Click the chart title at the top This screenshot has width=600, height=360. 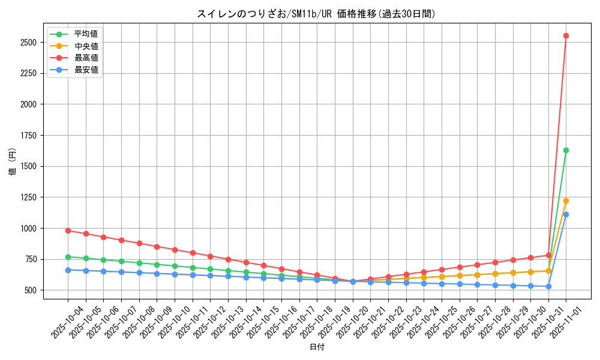316,14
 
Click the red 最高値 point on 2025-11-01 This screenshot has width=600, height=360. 566,35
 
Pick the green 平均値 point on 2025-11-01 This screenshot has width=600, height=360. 566,150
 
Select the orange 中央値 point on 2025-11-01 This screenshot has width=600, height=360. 566,200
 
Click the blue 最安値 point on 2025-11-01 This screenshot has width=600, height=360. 566,214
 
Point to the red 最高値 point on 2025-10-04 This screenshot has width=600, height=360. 68,230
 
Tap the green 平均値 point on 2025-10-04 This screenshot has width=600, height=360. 68,257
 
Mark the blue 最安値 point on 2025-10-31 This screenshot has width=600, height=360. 548,286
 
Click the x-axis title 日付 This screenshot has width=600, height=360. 316,347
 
